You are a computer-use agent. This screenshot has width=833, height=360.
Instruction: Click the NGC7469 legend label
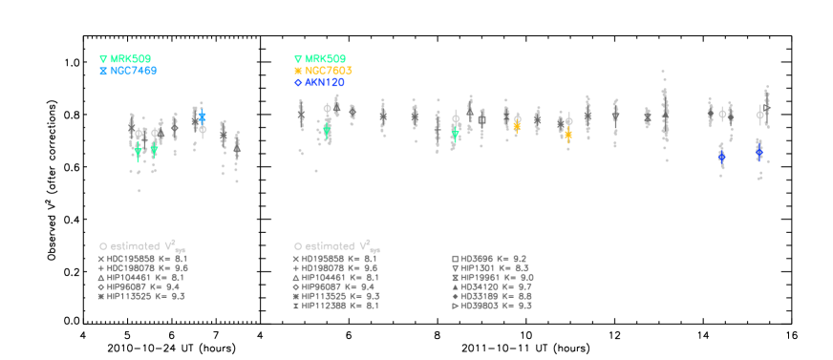[x=133, y=71]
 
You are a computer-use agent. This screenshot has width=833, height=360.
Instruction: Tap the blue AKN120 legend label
[x=325, y=83]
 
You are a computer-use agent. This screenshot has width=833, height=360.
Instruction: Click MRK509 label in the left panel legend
[x=130, y=59]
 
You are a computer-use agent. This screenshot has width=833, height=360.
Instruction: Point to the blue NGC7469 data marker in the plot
[x=202, y=116]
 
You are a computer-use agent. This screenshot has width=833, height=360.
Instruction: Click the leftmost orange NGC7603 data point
[x=517, y=125]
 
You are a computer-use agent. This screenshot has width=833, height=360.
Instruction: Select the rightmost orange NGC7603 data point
[x=568, y=136]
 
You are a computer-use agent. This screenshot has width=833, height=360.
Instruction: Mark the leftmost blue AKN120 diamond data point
[x=721, y=156]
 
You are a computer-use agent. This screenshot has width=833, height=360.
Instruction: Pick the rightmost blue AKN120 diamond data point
[x=758, y=151]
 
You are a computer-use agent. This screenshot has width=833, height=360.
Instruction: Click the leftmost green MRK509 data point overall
[x=139, y=150]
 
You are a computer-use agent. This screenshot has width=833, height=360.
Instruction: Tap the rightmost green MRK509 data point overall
[x=455, y=135]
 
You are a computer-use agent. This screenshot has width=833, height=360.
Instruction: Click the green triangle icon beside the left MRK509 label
[x=103, y=59]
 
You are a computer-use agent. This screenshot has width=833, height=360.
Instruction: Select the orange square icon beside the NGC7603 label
[x=298, y=71]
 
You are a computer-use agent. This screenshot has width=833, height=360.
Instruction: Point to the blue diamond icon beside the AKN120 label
[x=298, y=83]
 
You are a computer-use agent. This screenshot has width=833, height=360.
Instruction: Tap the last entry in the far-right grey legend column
[x=491, y=307]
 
